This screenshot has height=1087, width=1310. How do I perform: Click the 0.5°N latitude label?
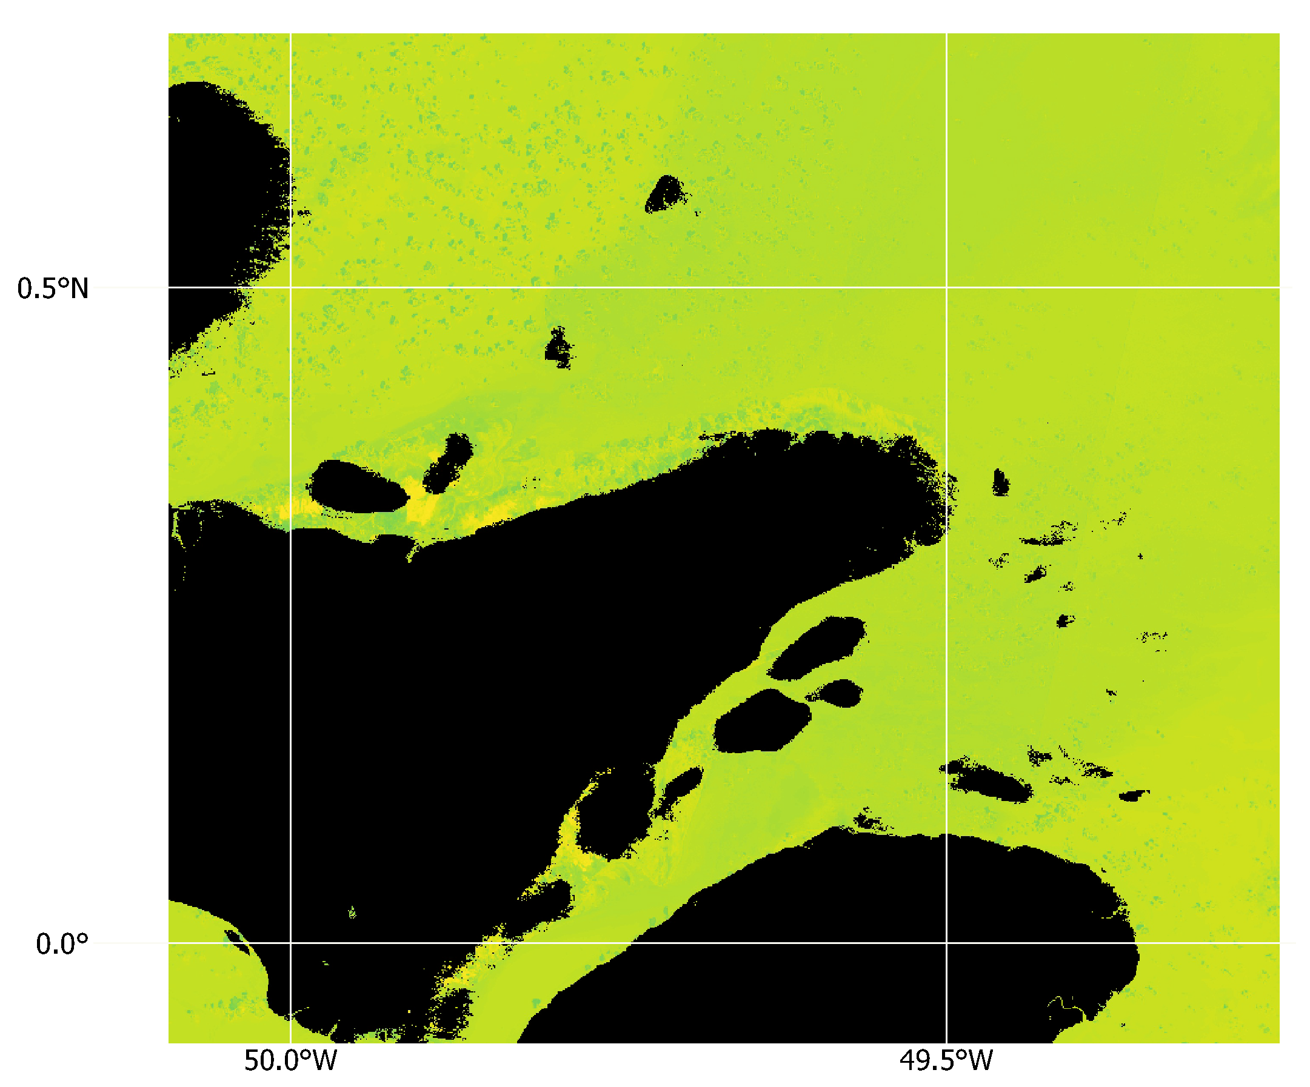53,289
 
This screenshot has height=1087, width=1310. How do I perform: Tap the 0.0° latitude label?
62,944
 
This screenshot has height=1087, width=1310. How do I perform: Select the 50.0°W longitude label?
290,1060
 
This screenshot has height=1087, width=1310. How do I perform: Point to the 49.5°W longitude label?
946,1060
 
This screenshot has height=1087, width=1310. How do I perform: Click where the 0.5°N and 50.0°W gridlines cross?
290,287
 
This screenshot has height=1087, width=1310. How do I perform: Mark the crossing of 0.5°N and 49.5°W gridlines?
946,287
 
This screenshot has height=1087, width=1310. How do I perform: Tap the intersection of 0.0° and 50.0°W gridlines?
290,943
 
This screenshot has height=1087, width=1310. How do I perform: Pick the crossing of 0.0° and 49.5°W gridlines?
946,943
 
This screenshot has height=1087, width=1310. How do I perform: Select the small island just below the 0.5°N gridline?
558,347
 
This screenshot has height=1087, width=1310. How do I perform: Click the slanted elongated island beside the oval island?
448,463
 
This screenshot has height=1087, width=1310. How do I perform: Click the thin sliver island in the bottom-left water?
237,942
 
